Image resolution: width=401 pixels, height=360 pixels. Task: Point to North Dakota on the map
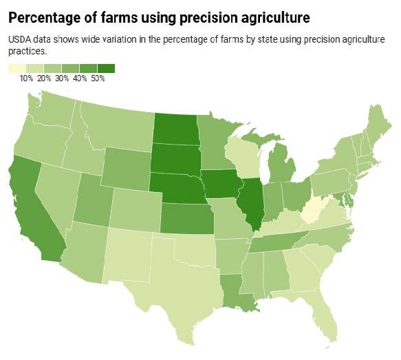pos(174,128)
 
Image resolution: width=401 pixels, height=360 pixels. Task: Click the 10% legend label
pos(26,78)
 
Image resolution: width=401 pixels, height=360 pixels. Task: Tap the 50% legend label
pos(97,78)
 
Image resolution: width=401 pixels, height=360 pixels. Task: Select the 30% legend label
pos(62,78)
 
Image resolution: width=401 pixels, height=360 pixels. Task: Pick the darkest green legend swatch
pos(106,68)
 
